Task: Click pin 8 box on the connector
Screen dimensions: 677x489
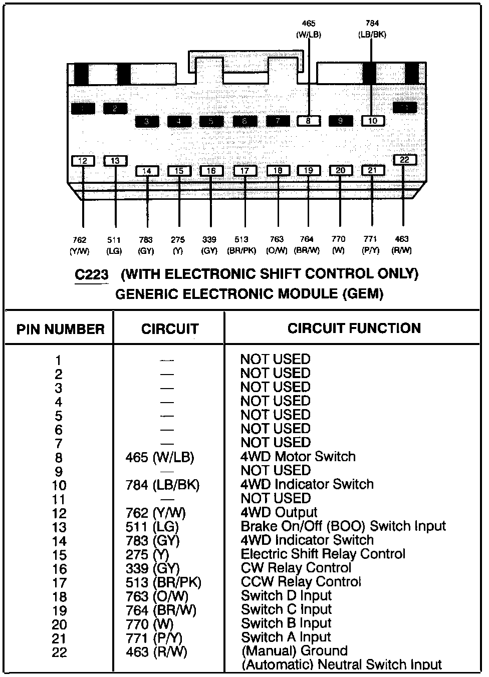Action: click(x=309, y=121)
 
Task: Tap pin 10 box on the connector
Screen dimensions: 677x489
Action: click(x=373, y=121)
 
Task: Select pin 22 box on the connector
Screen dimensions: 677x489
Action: click(x=404, y=160)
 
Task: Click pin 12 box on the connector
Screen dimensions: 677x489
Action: click(x=83, y=161)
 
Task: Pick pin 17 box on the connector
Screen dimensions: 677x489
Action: click(x=244, y=171)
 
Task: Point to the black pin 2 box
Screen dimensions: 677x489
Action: click(x=115, y=108)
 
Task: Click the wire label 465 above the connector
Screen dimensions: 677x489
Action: click(x=309, y=24)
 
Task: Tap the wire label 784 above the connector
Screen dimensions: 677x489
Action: click(x=372, y=24)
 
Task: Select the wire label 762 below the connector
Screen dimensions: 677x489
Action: click(x=80, y=240)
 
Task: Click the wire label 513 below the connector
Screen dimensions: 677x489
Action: click(x=242, y=240)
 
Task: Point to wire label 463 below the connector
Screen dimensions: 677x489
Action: click(x=402, y=239)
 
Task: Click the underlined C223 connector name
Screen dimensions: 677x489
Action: click(x=92, y=275)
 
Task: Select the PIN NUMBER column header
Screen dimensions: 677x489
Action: click(x=60, y=329)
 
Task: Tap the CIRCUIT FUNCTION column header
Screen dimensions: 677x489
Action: click(x=354, y=328)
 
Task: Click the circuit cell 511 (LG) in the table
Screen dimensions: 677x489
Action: click(x=152, y=527)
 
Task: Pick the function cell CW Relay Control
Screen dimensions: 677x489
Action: click(x=296, y=568)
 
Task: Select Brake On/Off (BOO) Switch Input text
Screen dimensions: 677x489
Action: click(x=343, y=526)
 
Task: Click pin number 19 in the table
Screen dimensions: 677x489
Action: click(x=59, y=611)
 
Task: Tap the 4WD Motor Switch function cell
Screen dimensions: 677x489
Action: click(x=298, y=457)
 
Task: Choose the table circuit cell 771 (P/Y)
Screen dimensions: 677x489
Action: click(x=154, y=638)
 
